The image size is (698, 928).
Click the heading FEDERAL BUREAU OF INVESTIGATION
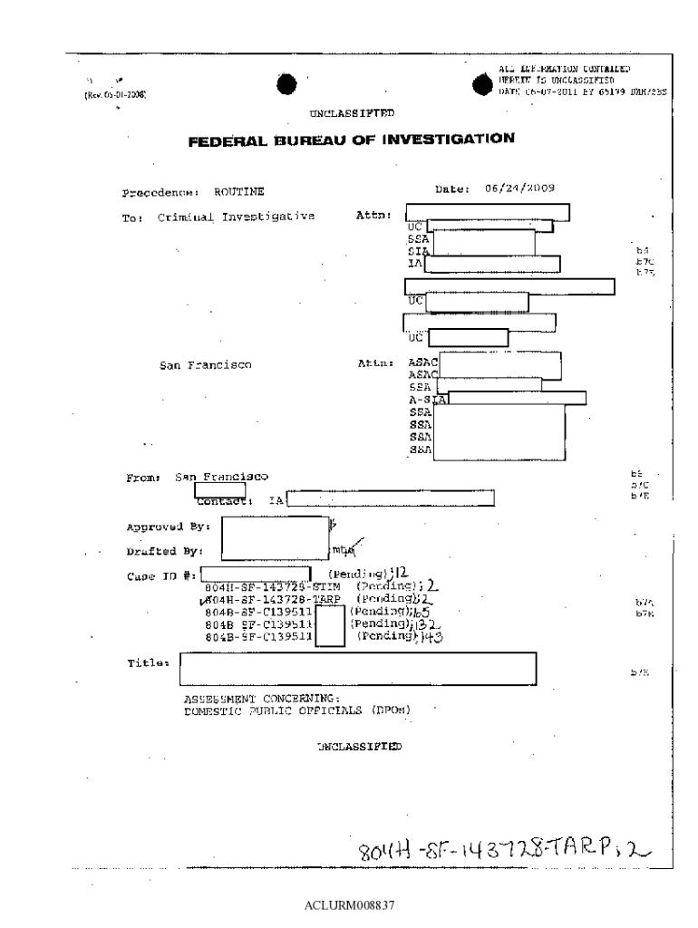pos(351,140)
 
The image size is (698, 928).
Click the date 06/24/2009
pos(519,189)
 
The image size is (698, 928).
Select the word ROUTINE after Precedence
pos(238,192)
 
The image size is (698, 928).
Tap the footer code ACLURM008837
pos(349,904)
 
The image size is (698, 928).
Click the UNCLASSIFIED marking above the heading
pos(352,112)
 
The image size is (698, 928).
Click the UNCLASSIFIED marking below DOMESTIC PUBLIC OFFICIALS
pos(359,746)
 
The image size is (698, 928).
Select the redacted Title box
pos(358,669)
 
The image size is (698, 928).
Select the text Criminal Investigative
pos(236,217)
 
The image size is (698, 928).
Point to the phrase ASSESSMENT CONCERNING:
pos(261,699)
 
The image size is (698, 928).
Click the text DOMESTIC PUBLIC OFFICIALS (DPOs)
pos(297,710)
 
